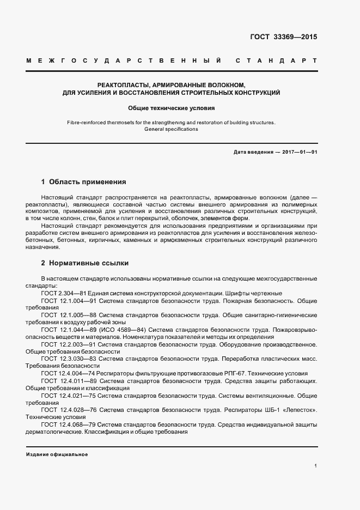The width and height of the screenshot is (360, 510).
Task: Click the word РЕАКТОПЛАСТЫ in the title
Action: pyautogui.click(x=124, y=85)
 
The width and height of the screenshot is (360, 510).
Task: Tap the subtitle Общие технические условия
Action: pyautogui.click(x=172, y=108)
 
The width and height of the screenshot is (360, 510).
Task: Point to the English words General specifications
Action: pyautogui.click(x=172, y=129)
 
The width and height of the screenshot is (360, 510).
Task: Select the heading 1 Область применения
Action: pyautogui.click(x=84, y=181)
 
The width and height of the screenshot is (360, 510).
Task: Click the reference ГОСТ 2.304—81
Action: pyautogui.click(x=59, y=293)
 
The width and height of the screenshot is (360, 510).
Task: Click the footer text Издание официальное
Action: pyautogui.click(x=57, y=454)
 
